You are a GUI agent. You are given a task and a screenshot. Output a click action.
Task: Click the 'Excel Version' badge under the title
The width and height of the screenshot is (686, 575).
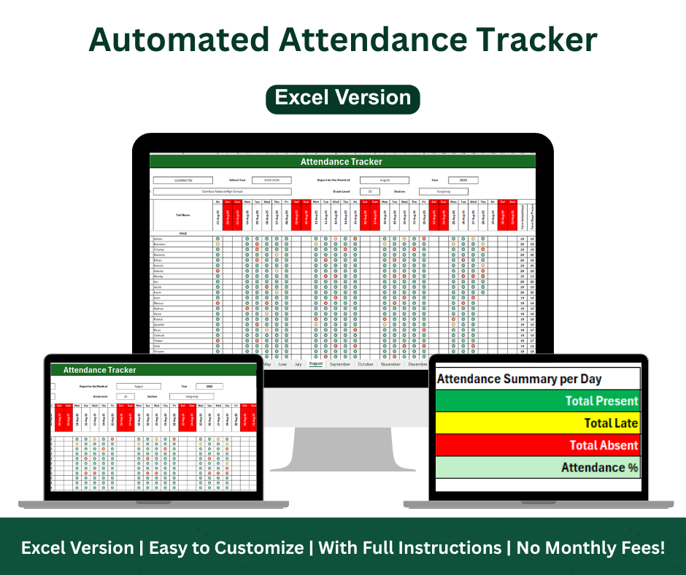(343, 98)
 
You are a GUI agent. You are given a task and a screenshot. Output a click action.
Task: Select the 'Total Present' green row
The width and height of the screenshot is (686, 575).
(537, 401)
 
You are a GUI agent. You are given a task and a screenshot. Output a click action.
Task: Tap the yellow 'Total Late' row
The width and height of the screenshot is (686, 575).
(537, 422)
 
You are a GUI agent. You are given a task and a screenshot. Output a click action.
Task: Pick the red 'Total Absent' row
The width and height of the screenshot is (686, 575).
(537, 445)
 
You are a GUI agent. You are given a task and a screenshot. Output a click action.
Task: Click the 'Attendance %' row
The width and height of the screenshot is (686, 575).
(537, 467)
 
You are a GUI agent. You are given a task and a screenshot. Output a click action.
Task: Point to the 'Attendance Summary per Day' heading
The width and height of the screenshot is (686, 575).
(519, 379)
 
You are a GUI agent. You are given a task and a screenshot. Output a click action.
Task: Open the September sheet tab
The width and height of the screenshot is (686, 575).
(339, 363)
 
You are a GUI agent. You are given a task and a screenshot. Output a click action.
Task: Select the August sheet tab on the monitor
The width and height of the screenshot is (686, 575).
(315, 363)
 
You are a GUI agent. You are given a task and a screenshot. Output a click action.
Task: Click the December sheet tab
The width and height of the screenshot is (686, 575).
(417, 363)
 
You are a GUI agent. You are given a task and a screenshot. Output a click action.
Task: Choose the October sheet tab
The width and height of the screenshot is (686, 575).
(365, 363)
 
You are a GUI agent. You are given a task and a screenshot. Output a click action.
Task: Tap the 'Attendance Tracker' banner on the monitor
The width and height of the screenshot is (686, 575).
(342, 161)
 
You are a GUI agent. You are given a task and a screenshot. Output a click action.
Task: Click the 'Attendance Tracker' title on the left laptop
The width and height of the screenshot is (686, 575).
(99, 370)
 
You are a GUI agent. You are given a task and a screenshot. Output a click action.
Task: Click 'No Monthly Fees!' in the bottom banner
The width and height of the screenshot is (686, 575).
(590, 547)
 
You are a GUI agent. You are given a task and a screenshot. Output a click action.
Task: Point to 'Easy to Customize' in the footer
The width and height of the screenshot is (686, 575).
(226, 547)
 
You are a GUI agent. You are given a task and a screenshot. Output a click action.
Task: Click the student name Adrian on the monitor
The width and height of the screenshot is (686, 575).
(158, 239)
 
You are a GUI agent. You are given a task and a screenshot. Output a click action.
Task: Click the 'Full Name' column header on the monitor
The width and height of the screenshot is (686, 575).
(183, 215)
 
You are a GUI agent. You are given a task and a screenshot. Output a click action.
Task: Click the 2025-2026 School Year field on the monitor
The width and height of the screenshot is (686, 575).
(271, 180)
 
